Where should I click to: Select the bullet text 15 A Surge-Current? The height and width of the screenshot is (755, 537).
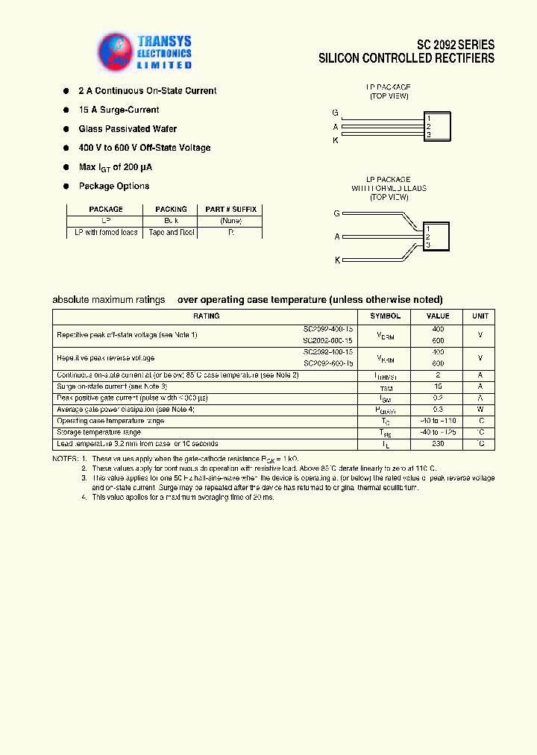119,110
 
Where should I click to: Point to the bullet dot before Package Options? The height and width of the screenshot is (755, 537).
66,187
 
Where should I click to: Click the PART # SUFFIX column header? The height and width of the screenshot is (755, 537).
230,210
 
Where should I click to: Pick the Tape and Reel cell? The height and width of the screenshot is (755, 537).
171,233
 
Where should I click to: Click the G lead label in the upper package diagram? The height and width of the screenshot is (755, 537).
336,113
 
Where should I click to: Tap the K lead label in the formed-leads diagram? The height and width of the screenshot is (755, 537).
337,260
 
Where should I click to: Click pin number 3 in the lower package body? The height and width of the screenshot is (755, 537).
428,245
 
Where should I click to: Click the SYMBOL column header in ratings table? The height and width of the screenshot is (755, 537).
385,316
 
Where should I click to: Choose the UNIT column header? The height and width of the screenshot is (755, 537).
480,316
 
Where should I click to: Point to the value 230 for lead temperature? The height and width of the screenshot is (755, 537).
438,444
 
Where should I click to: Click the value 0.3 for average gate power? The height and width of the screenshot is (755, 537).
438,410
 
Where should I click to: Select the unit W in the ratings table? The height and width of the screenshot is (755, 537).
480,410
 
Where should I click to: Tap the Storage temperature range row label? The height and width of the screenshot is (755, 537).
98,433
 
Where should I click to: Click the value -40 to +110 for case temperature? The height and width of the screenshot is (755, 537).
438,422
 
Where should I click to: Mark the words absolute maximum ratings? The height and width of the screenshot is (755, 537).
108,300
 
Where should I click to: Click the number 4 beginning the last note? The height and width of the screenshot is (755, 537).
84,497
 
